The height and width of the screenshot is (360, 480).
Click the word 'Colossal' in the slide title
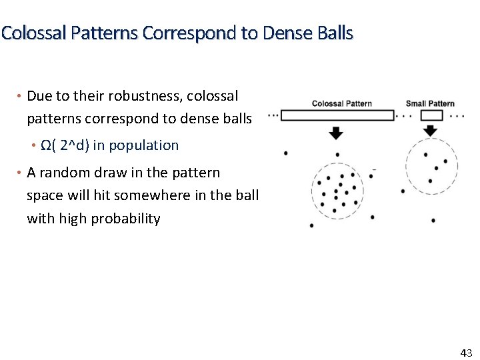[x=28, y=33]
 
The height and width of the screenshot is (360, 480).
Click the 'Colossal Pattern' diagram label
[x=341, y=103]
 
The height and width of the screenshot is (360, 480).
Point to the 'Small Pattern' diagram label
[x=430, y=103]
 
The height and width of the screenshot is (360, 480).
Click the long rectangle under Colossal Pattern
[x=337, y=115]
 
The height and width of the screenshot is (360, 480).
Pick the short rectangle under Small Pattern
[x=431, y=115]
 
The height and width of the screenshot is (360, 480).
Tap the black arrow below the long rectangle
[x=336, y=133]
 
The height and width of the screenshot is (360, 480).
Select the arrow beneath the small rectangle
[x=431, y=131]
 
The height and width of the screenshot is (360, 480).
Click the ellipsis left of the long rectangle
[x=273, y=115]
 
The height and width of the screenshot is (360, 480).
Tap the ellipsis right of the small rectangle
[x=457, y=115]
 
